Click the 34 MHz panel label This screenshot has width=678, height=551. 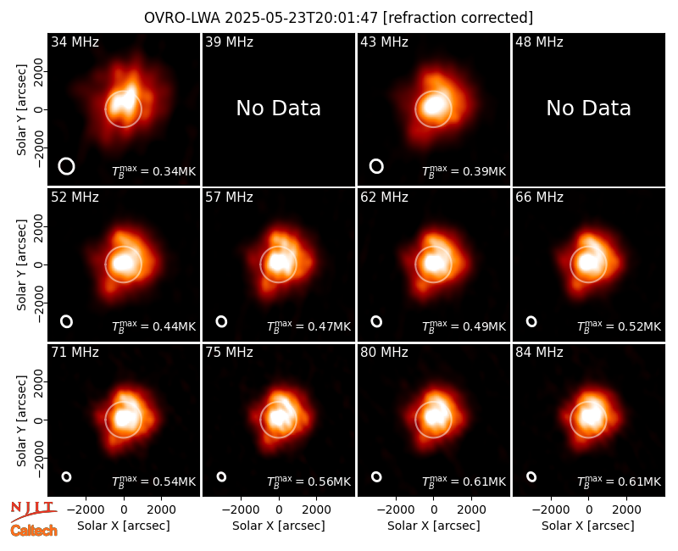coord(75,42)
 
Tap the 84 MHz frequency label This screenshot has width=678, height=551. coord(539,353)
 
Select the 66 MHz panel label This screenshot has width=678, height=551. coord(539,198)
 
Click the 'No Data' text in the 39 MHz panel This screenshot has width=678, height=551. coord(279,109)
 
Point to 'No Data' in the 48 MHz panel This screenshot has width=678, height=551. coord(588,109)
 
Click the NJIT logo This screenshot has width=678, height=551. coord(33,510)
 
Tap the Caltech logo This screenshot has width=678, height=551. coord(34,531)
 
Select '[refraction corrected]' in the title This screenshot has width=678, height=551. coord(458,18)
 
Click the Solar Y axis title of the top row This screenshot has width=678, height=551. coord(21,110)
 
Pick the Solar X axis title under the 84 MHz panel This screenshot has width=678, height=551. coord(588,526)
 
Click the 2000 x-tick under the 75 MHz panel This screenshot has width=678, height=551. coord(316,509)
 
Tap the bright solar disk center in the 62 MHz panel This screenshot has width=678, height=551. coord(433,264)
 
